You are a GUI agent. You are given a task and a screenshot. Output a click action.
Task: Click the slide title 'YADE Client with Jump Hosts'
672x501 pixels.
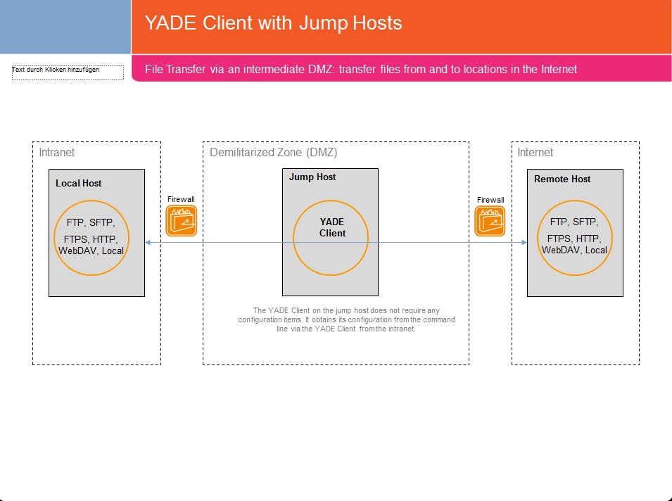tap(273, 23)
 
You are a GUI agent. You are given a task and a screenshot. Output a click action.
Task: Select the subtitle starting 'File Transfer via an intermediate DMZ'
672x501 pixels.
tap(360, 70)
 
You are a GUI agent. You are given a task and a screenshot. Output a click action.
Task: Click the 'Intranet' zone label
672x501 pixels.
tap(56, 153)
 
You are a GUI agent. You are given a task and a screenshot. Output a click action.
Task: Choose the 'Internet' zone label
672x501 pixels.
tap(535, 153)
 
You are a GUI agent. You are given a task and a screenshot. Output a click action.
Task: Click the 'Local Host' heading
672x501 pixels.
tap(79, 183)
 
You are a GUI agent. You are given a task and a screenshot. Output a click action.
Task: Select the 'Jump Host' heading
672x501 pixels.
tap(312, 177)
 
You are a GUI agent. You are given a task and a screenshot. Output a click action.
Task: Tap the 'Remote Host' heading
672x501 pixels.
tap(562, 179)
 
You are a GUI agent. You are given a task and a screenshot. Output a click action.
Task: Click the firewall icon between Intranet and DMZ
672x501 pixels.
tap(181, 221)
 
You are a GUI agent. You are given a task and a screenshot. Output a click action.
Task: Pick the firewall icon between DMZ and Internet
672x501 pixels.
tap(490, 221)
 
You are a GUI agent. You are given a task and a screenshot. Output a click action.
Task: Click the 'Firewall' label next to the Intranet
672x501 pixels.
tap(181, 200)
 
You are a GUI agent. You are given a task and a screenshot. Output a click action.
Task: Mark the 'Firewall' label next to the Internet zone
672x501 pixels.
tap(490, 200)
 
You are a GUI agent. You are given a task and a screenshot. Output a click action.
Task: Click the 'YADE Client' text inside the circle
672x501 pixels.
tap(332, 227)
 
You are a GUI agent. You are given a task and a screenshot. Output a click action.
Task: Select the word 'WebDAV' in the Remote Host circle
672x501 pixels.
tap(561, 250)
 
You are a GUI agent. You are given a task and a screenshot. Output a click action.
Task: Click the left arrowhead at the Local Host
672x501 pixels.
tap(148, 242)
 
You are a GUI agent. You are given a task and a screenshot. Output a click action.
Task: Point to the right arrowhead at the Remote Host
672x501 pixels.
tap(524, 242)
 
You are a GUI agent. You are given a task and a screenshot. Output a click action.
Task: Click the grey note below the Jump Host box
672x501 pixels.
tap(346, 319)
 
